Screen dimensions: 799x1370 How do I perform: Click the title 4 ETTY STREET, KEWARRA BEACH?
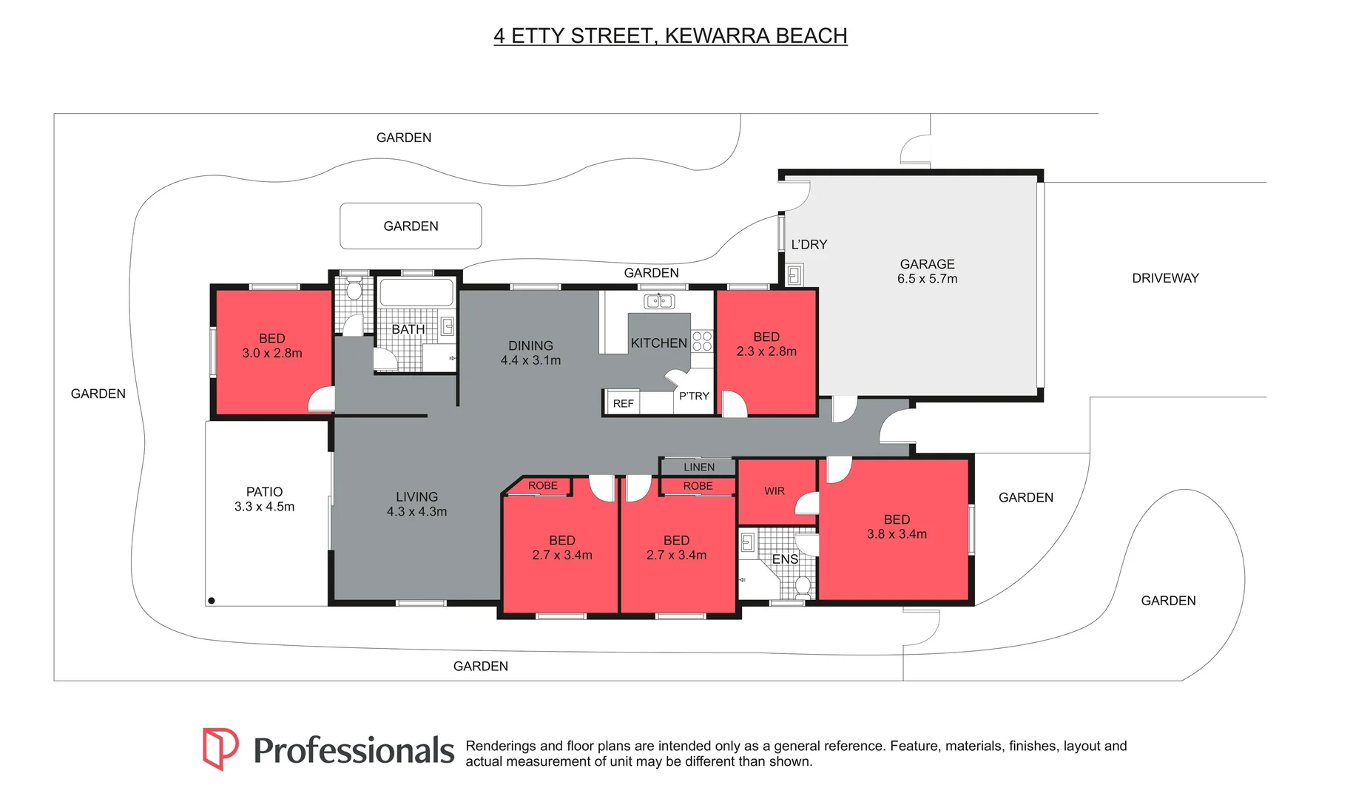coord(670,36)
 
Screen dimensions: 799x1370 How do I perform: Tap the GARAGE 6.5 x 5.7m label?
coord(927,272)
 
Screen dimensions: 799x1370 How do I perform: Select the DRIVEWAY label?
coord(1164,278)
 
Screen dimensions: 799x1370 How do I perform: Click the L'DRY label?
coord(809,244)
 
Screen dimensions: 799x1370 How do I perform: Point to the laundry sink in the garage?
coord(794,275)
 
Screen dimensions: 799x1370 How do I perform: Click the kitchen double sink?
coord(658,301)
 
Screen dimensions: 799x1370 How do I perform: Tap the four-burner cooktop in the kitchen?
coord(701,341)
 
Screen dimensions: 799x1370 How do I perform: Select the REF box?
coord(622,403)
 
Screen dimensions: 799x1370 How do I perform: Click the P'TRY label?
coord(693,396)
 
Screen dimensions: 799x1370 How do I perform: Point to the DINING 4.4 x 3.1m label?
coord(530,353)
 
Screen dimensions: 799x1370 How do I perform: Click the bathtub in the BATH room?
coord(416,292)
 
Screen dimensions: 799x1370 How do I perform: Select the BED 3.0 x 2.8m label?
coord(271,345)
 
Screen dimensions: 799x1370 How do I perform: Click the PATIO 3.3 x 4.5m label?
coord(264,499)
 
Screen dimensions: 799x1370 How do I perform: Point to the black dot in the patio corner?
coord(212,601)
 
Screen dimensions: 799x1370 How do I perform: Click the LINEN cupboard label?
coord(698,467)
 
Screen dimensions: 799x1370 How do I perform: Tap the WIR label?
coord(774,490)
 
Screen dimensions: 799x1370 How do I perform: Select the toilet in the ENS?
coord(803,587)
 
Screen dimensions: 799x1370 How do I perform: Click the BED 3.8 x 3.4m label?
coord(897,527)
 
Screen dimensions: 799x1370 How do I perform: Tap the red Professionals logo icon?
coord(220,749)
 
